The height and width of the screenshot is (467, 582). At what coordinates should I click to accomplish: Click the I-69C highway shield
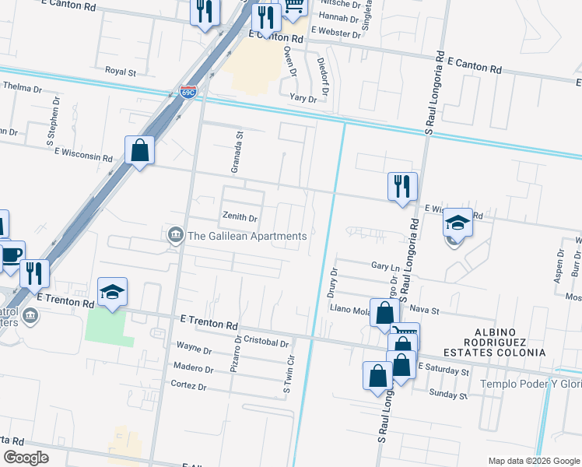tap(188, 92)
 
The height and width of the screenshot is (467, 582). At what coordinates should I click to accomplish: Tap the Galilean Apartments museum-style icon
tap(176, 235)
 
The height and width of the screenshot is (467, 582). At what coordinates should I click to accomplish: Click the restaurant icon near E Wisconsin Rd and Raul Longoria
tap(402, 186)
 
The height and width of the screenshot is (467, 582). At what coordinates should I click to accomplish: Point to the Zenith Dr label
tap(240, 218)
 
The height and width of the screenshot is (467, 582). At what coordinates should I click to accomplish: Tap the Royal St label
tap(121, 72)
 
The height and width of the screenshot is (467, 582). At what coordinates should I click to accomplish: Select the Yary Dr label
tap(303, 99)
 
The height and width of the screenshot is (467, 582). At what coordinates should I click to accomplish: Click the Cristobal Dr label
tap(266, 342)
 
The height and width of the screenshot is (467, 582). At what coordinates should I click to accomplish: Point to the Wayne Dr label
tap(194, 349)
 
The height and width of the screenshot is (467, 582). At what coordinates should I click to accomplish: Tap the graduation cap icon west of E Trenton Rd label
tap(113, 293)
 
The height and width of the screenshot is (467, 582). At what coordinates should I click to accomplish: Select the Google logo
tap(27, 458)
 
